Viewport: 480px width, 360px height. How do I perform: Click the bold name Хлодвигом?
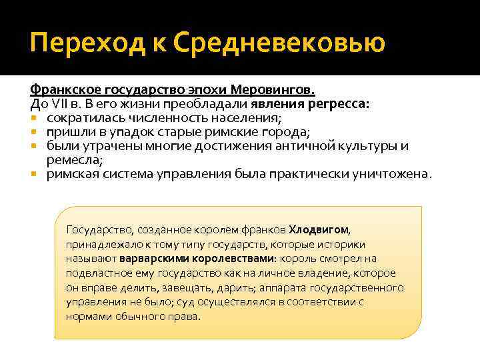pos(319,229)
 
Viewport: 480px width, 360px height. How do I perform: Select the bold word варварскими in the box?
pos(159,258)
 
